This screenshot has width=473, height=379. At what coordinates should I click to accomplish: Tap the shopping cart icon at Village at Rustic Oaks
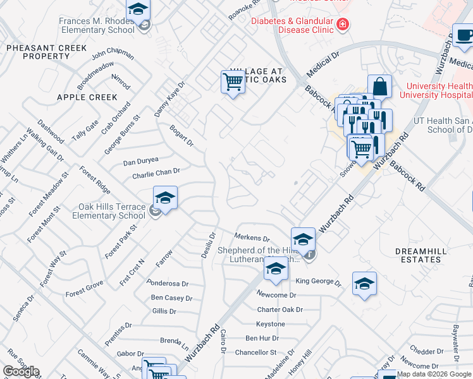tap(233, 81)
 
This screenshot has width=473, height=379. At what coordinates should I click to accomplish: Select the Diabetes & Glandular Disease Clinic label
tap(292, 25)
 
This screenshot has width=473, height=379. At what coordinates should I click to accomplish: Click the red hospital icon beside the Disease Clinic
tap(343, 25)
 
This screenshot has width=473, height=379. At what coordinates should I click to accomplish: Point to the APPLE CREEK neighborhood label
tap(87, 97)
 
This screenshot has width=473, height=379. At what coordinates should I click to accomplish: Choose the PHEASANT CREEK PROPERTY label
tap(46, 52)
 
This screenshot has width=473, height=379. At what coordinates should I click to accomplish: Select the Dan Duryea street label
tap(140, 162)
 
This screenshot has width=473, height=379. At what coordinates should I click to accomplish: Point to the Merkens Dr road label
tap(252, 239)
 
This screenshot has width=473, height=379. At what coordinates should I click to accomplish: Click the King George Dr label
tap(318, 282)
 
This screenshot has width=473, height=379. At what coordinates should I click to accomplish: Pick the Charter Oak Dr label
tap(279, 310)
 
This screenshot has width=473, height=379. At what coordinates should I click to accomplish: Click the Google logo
tap(21, 371)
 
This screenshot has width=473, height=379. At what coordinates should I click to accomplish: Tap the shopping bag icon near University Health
tap(379, 86)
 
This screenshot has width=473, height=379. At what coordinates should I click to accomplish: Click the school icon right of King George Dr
tap(364, 284)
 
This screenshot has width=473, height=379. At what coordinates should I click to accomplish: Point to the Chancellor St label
tap(256, 352)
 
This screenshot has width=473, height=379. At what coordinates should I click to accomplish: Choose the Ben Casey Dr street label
tap(171, 298)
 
